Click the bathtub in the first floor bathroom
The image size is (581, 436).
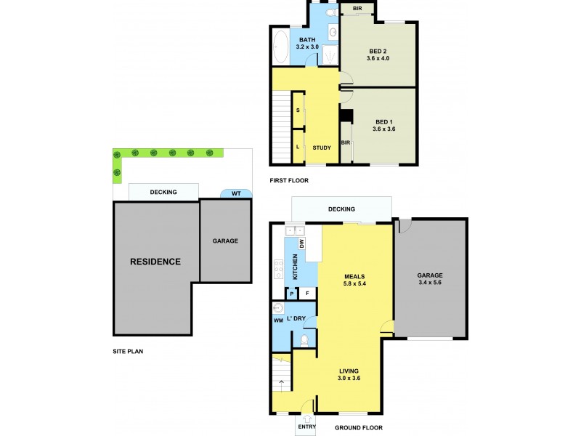281,48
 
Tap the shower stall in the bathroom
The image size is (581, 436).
331,55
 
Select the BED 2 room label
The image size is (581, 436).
378,50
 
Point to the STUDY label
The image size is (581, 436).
321,148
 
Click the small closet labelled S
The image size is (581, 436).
298,110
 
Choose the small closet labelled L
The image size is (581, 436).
298,147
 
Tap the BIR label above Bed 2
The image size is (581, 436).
357,9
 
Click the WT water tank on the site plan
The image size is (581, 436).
237,193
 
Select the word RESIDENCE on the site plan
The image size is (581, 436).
155,262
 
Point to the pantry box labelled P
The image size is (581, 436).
291,294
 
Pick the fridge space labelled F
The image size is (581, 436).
308,294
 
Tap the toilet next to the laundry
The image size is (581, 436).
306,339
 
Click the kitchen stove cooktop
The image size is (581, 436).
277,269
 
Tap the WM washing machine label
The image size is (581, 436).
277,320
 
